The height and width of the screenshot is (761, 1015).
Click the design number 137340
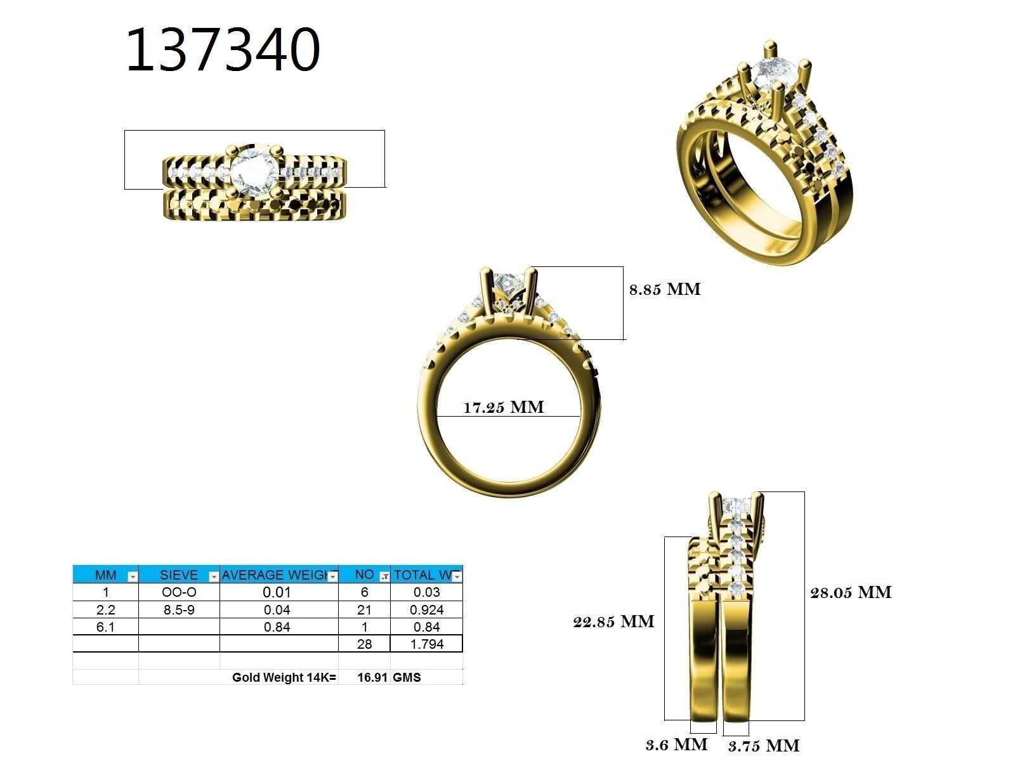[x=223, y=51]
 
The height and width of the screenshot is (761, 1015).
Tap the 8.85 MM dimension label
[x=665, y=290]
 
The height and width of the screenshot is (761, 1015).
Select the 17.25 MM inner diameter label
[x=503, y=407]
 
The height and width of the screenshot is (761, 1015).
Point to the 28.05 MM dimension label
[x=851, y=592]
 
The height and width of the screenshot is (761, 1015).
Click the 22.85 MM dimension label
[x=613, y=621]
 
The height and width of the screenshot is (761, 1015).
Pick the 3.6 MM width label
[x=676, y=744]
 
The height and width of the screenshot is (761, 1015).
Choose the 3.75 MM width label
[x=764, y=746]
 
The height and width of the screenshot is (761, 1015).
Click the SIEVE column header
[x=178, y=575]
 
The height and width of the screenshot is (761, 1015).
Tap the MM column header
[x=105, y=575]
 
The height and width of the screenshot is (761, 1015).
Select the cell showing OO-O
[x=179, y=592]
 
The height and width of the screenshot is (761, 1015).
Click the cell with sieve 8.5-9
[x=179, y=609]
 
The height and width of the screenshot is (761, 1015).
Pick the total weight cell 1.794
[x=426, y=644]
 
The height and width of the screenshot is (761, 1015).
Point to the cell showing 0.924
[x=426, y=609]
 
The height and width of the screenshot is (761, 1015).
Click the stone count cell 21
[x=364, y=609]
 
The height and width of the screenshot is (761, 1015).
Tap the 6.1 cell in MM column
[x=105, y=627]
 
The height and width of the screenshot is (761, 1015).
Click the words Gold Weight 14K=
[x=284, y=677]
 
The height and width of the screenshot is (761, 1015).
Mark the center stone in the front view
[x=508, y=282]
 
